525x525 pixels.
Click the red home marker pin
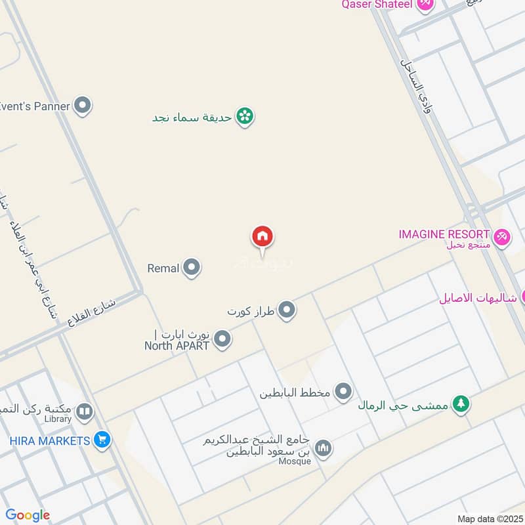point(262,237)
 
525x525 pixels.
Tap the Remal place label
point(163,268)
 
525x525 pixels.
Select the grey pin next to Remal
point(192,268)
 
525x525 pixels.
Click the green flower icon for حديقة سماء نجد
point(245,117)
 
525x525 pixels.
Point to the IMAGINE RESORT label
point(444,234)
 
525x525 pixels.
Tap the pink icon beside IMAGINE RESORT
point(502,236)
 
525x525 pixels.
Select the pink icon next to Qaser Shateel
point(425,5)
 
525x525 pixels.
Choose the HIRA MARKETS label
point(50,440)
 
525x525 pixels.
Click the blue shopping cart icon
point(102,440)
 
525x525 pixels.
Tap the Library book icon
point(84,412)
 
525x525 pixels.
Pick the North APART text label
point(177,345)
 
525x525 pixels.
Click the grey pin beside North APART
point(223,339)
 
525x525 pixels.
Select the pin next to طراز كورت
point(287,310)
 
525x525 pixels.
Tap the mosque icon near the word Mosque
point(323,449)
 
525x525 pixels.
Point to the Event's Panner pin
point(82,105)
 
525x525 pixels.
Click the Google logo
point(28,515)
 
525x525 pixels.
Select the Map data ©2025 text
point(489,518)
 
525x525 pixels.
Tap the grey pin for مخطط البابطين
point(343,392)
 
